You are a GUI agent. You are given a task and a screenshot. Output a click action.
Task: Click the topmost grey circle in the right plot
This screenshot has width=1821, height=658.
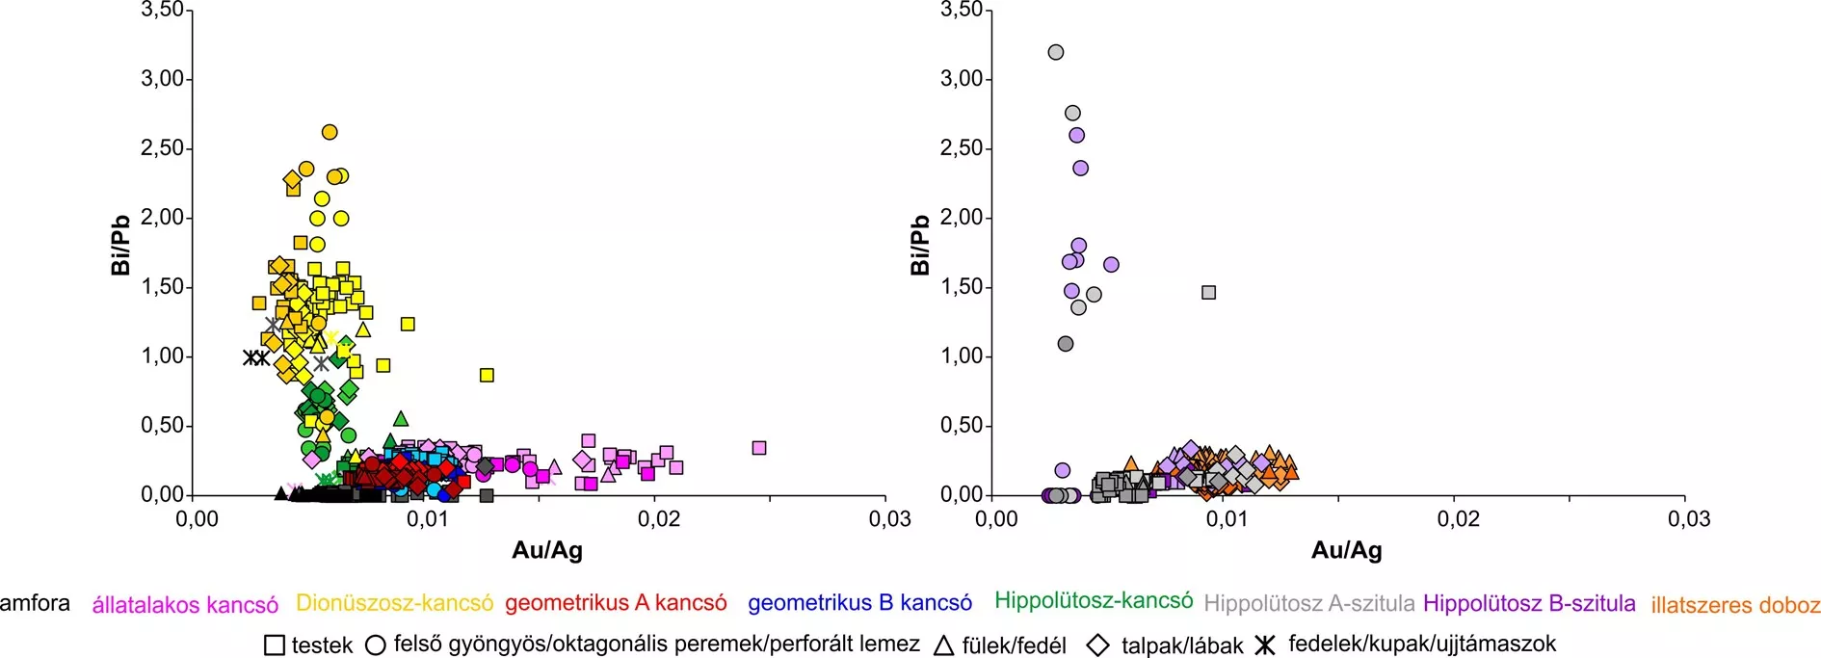coord(1056,52)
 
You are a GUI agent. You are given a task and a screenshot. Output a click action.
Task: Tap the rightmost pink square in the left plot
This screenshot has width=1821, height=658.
coord(759,448)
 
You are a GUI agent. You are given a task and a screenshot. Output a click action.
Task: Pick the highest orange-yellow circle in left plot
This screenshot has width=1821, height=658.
coord(330,132)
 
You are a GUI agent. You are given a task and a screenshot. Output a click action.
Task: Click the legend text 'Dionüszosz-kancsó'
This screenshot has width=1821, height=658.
coord(394,603)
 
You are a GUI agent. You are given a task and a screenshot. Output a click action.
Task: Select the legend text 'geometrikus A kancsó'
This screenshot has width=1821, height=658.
coord(616,603)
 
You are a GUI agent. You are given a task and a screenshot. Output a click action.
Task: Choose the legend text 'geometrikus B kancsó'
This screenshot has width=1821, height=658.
coord(859,603)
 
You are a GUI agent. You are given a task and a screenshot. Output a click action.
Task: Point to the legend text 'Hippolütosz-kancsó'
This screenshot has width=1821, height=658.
coord(1094,601)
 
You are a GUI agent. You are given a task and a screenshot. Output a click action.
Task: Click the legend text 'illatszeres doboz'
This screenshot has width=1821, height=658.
coord(1735,605)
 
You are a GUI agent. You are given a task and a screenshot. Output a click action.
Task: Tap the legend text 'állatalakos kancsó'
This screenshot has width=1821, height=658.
coord(185,605)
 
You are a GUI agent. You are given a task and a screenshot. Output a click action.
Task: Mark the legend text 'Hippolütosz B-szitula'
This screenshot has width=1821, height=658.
coord(1529,603)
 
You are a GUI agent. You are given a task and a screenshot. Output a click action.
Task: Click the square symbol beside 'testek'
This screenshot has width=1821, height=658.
coord(275,645)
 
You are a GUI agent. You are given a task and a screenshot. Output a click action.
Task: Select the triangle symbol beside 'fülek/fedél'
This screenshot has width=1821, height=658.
coord(944,645)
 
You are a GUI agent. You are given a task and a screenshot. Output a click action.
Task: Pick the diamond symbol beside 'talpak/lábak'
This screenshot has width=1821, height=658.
coord(1097,645)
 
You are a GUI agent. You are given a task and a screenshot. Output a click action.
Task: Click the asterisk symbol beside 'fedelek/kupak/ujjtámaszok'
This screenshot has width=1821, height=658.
coord(1265,645)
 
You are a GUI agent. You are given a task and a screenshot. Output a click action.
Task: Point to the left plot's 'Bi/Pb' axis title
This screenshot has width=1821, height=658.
coord(120,246)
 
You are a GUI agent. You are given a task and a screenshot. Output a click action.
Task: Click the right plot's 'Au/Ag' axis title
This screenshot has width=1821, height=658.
coord(1346,551)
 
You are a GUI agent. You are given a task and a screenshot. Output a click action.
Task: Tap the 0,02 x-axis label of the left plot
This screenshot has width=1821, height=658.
coord(658,519)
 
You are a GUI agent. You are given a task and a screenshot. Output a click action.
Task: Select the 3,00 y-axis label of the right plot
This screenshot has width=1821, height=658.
coord(961,79)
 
